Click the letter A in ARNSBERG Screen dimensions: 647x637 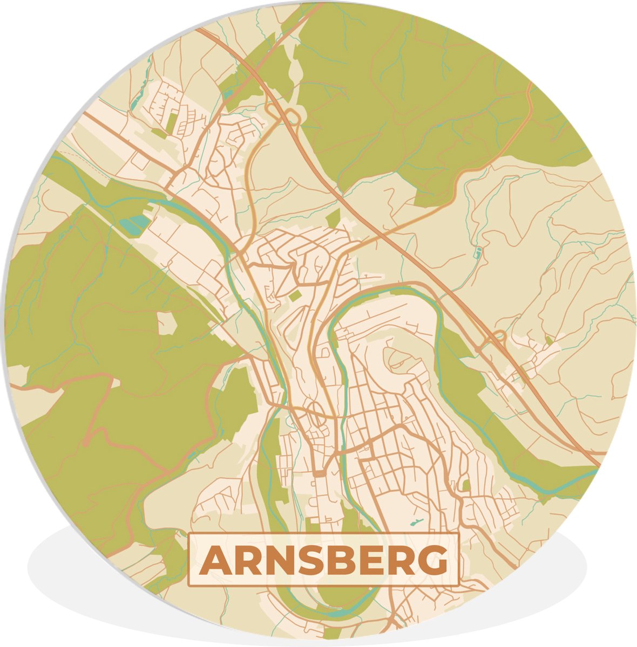[x=215, y=561]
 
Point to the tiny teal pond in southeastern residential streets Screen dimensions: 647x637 [x=416, y=522]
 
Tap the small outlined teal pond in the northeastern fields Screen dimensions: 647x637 [x=477, y=251]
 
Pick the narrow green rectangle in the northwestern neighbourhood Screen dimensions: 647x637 [x=171, y=121]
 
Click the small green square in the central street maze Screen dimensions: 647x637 [x=295, y=295]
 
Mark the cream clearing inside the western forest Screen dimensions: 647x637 [x=167, y=322]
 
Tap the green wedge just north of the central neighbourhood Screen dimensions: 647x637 [x=333, y=218]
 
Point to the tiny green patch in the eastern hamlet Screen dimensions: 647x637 [x=549, y=341]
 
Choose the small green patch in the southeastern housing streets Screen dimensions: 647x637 [x=466, y=485]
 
